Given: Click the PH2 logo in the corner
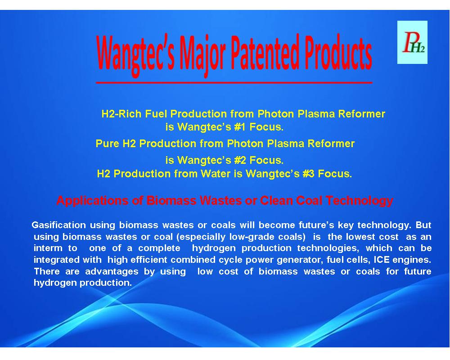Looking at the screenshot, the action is (x=412, y=42).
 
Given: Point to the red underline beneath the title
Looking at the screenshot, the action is (x=234, y=83).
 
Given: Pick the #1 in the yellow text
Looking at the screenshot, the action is (x=240, y=127).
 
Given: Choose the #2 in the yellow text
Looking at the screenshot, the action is (x=240, y=160).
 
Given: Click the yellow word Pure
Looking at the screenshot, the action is (x=108, y=144).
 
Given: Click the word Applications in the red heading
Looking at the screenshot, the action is (x=92, y=201).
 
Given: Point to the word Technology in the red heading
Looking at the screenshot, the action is (x=359, y=201).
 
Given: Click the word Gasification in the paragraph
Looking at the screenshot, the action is (x=58, y=225).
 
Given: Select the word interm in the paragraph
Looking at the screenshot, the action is (x=48, y=248).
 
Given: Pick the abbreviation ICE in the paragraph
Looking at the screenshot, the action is (x=382, y=260).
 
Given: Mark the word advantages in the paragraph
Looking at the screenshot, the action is (x=112, y=272).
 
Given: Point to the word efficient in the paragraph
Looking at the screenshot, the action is (x=148, y=260).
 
